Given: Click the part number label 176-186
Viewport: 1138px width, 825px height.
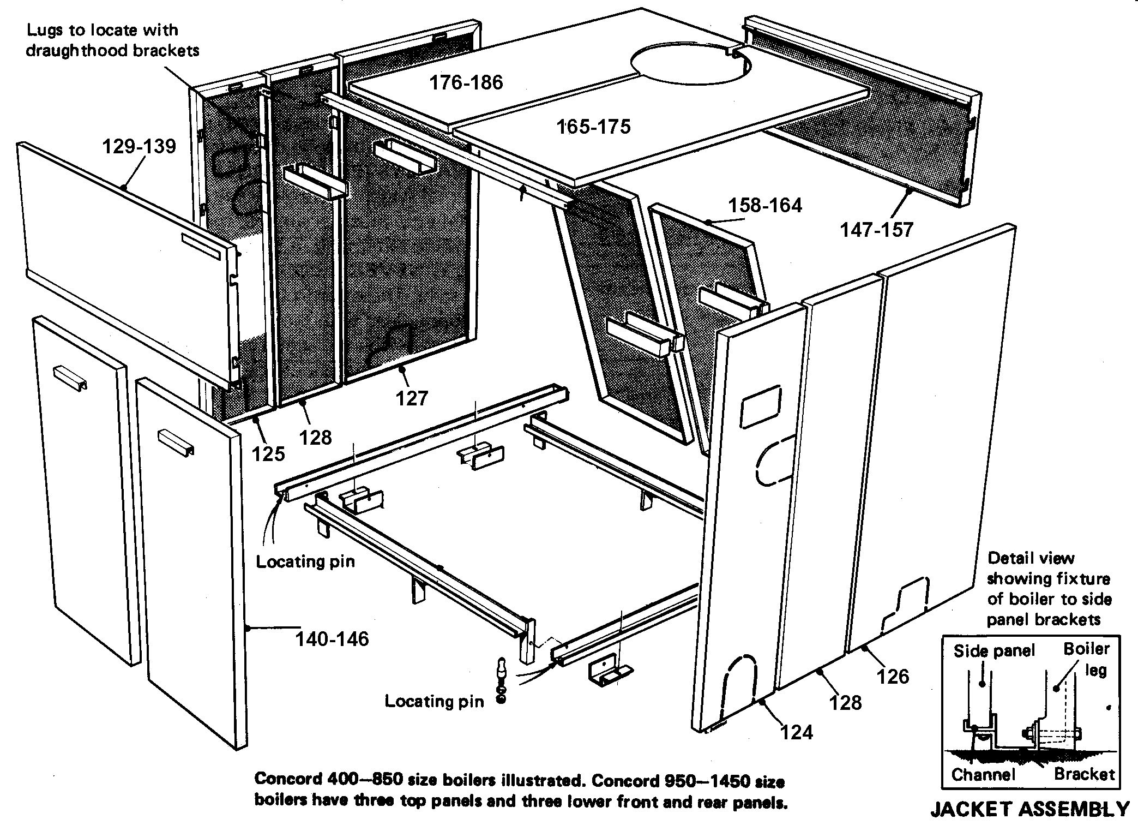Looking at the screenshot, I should pos(466,82).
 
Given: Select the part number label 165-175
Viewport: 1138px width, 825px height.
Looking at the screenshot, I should pos(593,127).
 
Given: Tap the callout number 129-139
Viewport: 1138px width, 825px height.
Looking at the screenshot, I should pos(140,146).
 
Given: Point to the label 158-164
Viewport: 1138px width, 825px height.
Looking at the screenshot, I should pos(765,205).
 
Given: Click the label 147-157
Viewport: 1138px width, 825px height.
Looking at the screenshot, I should pos(876,230).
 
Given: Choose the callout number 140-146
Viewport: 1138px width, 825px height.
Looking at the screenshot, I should pos(332,638).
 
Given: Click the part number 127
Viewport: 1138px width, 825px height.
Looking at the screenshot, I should pos(412,398).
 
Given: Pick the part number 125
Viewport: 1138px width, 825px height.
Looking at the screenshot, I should pos(268,453).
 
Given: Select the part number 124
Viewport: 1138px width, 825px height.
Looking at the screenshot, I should pos(797,732).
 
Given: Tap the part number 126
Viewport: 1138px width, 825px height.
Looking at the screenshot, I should pos(893,677).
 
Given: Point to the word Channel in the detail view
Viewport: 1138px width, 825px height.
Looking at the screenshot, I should pos(983,774).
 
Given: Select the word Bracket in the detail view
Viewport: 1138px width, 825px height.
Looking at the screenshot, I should pos(1084,774).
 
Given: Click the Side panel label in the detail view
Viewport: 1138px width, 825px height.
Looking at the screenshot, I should pos(994,650).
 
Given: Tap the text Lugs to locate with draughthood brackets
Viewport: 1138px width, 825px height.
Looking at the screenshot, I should pos(112,40).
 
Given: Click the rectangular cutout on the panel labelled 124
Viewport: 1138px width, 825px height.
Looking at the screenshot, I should pos(762,407).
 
